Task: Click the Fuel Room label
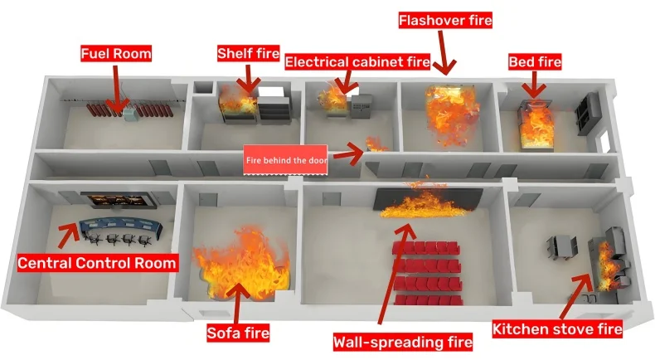coord(116,54)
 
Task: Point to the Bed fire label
coord(535,62)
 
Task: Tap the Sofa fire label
coord(237,333)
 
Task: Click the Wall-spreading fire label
coord(402,341)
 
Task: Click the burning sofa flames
coord(240,265)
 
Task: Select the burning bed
coord(536,124)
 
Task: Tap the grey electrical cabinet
coord(361,107)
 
